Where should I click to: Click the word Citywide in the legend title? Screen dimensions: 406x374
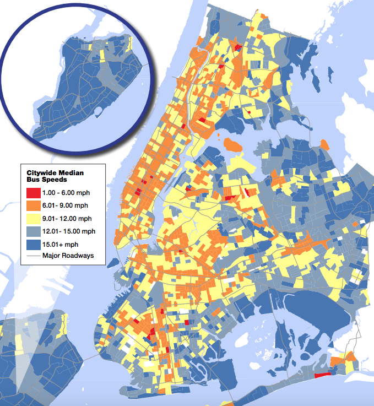(x=42, y=173)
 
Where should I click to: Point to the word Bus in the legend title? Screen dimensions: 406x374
(x=34, y=180)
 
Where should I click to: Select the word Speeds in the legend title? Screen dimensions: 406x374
(x=55, y=180)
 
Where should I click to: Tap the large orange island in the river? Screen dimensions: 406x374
(x=234, y=145)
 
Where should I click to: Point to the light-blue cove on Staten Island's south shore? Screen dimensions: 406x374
(x=100, y=112)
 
